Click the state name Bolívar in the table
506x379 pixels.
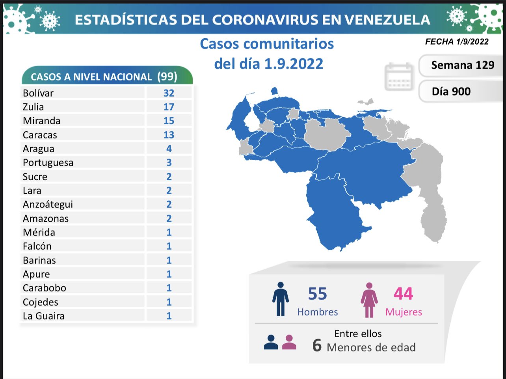38,93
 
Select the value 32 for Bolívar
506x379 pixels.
169,93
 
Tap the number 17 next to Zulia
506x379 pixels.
169,107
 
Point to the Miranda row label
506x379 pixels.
41,121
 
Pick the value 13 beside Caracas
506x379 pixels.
169,135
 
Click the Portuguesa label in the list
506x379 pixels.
48,162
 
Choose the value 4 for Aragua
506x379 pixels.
169,149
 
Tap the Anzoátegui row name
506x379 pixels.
48,204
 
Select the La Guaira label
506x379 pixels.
43,316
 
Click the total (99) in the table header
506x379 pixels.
167,76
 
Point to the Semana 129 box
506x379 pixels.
462,65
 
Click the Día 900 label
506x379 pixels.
451,91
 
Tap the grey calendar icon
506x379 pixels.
399,76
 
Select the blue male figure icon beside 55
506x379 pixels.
280,299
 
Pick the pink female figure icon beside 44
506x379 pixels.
369,300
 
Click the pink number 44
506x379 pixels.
403,294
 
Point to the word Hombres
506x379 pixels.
318,312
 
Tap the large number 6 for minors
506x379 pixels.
317,345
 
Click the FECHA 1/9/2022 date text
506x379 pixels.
457,41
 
